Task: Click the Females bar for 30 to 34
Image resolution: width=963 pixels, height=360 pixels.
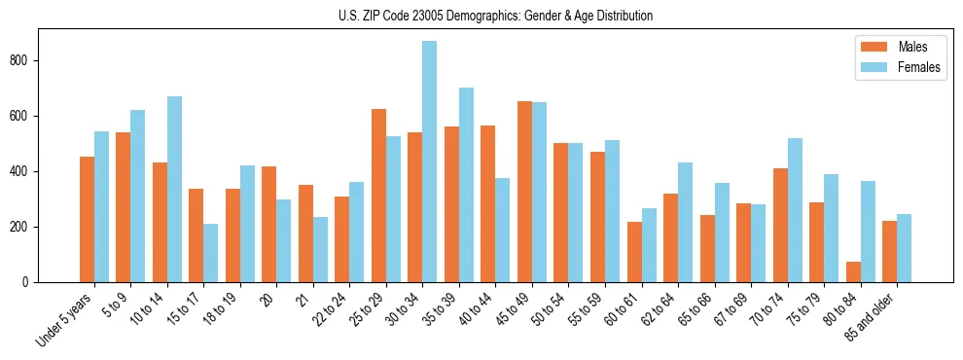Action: point(430,162)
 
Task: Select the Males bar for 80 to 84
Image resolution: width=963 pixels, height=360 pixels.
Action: point(853,271)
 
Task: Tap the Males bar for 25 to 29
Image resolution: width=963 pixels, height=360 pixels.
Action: point(378,196)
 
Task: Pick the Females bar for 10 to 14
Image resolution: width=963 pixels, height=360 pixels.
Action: point(174,189)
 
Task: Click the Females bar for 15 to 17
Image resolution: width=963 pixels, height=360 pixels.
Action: point(211,253)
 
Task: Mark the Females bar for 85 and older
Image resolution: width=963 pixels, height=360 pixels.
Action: point(904,248)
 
